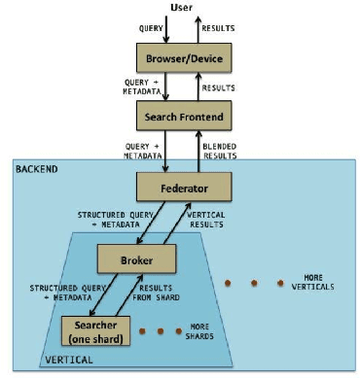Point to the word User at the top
181,8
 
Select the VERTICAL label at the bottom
69,359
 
